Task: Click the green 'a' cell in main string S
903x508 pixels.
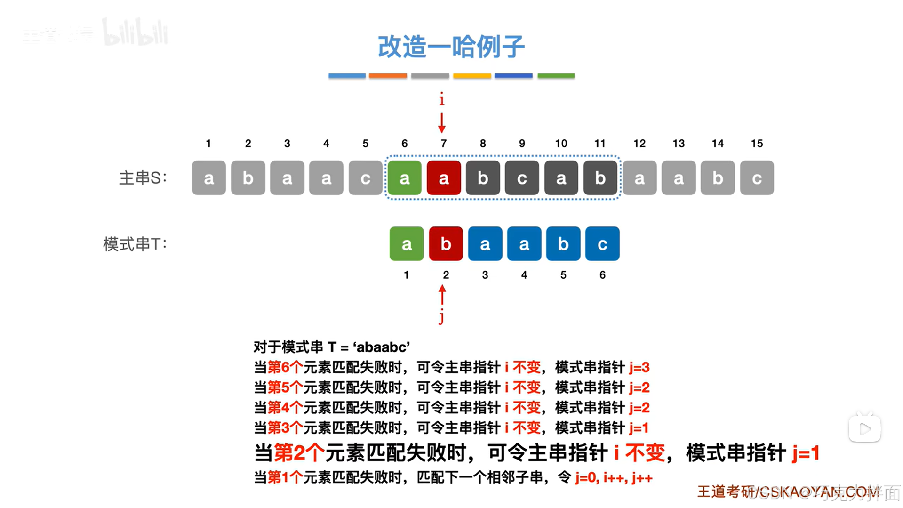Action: (404, 178)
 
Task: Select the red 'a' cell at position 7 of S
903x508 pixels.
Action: (443, 178)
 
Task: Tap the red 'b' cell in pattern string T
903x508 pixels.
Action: (446, 244)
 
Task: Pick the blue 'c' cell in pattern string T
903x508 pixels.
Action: (602, 244)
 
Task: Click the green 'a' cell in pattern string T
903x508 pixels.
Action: (407, 244)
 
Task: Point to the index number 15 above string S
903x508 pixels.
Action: (757, 144)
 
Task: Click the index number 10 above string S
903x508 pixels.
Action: (561, 144)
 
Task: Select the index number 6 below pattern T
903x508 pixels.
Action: (602, 275)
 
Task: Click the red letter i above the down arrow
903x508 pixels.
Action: (441, 100)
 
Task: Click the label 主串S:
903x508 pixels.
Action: (143, 178)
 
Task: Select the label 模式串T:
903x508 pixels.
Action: (135, 244)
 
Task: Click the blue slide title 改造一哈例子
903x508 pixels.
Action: (451, 47)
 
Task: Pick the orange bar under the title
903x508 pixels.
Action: (388, 75)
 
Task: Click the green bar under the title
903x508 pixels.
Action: (556, 75)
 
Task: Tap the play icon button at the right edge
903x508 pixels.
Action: (865, 428)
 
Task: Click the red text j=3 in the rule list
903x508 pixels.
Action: (639, 367)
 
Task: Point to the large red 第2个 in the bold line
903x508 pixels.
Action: (299, 453)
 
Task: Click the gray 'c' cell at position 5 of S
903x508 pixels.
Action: (365, 178)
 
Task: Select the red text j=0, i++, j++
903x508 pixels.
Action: (614, 478)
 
